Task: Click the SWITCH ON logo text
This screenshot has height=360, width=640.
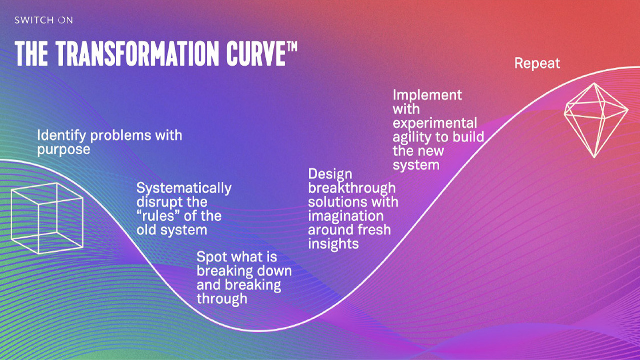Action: pos(44,20)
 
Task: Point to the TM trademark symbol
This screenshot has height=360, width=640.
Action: pos(291,46)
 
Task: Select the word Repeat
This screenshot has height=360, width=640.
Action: pos(537,63)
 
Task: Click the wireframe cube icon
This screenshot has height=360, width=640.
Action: pos(47,218)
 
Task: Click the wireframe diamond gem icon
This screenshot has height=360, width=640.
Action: pos(596,120)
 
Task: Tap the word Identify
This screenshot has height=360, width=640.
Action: pos(61,136)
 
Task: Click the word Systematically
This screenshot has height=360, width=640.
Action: pos(184,189)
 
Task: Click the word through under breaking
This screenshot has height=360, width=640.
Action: pos(222,299)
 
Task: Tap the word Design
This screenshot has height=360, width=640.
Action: pos(330,174)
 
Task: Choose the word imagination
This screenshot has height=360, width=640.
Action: pos(346,216)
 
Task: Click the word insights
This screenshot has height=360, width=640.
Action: pos(333,244)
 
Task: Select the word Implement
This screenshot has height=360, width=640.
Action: pos(427,95)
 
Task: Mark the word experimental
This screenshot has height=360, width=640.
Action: pos(435,123)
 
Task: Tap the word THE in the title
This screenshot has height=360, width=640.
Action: pos(31,54)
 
